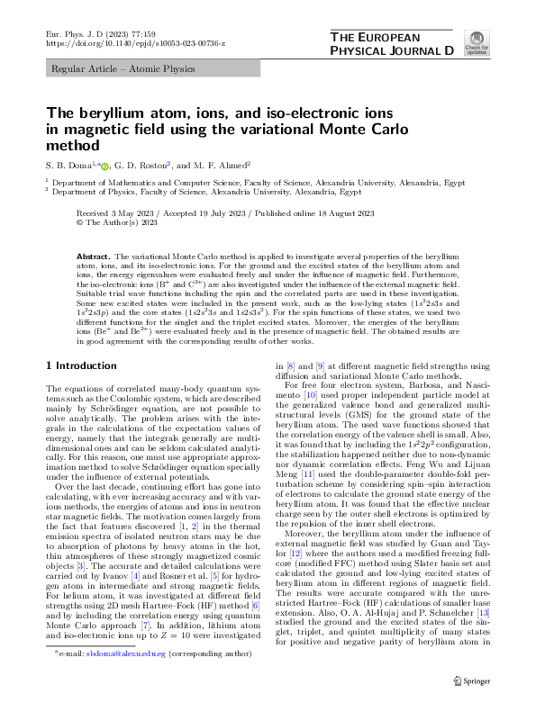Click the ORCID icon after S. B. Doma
[x=104, y=165]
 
